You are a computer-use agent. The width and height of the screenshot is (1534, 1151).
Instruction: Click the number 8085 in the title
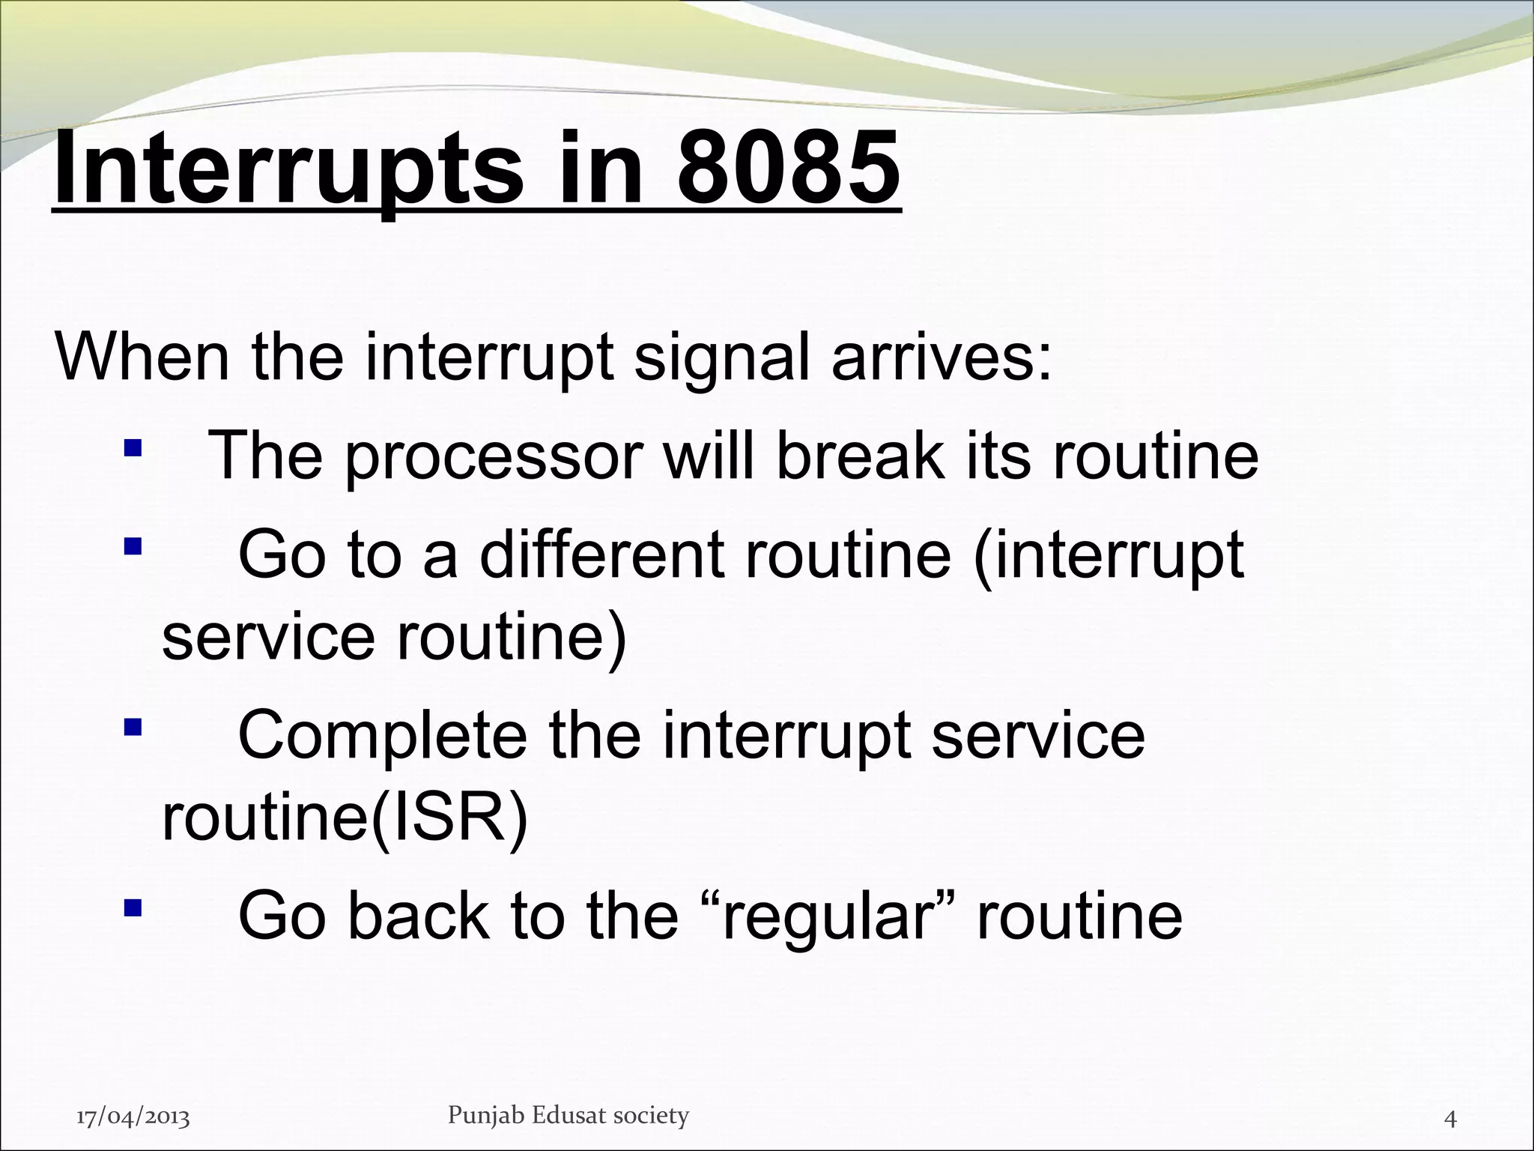pyautogui.click(x=788, y=169)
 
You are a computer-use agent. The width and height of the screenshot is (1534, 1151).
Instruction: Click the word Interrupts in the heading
pyautogui.click(x=288, y=169)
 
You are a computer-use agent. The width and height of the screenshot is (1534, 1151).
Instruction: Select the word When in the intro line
pyautogui.click(x=142, y=357)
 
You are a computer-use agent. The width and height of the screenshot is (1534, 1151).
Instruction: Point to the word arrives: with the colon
pyautogui.click(x=941, y=357)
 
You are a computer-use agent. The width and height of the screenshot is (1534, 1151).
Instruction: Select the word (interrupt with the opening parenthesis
pyautogui.click(x=1108, y=555)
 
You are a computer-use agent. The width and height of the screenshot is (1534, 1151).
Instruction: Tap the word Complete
pyautogui.click(x=383, y=735)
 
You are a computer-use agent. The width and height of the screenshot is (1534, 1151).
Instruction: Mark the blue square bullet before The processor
pyautogui.click(x=133, y=448)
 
